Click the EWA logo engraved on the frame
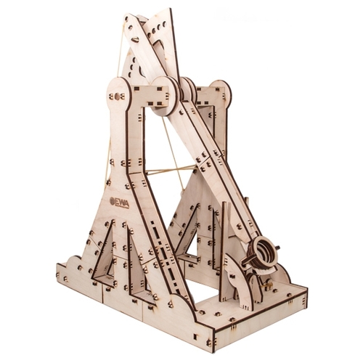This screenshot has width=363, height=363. (x=119, y=203)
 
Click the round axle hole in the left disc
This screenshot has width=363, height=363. (x=117, y=97)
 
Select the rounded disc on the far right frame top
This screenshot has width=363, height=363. (x=220, y=92)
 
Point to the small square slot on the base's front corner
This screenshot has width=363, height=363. (x=195, y=336)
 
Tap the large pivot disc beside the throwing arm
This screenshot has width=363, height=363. (x=165, y=97)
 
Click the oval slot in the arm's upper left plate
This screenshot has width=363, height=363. (x=135, y=38)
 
